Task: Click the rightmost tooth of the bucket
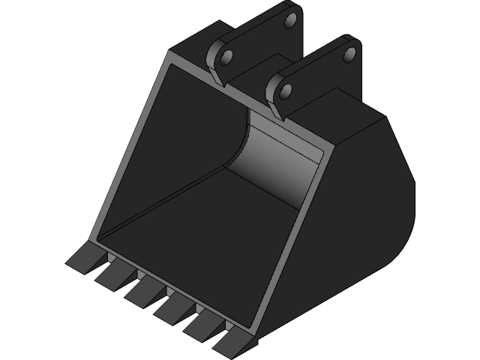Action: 229,341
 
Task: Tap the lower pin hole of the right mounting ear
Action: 285,91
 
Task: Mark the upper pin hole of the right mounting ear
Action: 349,54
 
